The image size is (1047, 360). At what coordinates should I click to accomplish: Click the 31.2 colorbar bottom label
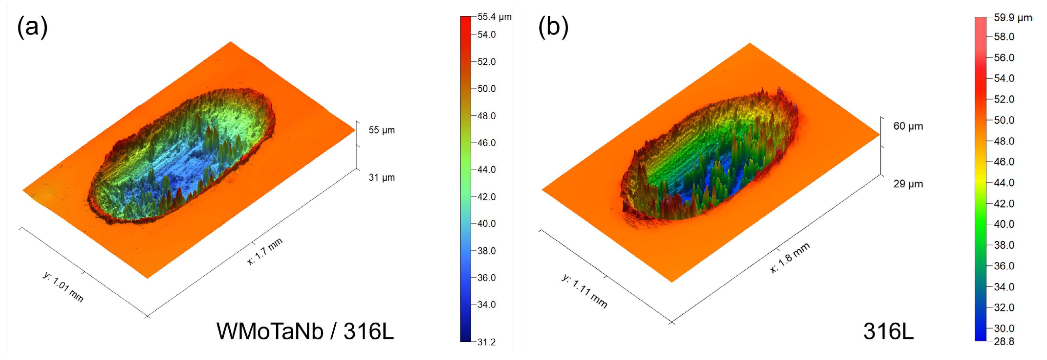tap(487, 342)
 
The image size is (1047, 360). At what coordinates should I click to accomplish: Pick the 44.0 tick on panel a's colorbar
tap(487, 170)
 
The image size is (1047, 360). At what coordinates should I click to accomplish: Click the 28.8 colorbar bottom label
tap(1004, 342)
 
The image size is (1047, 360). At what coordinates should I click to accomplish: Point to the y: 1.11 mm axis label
tap(584, 291)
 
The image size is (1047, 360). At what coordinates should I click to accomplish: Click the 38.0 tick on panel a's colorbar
tap(487, 251)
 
